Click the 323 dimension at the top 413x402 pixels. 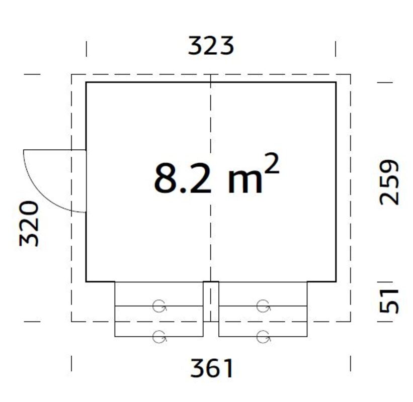[x=211, y=46]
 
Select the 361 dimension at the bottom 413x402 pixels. [x=212, y=369]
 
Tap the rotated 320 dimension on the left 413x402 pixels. [x=29, y=223]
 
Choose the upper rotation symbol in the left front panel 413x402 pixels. [x=159, y=305]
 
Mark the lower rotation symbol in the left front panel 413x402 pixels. [x=159, y=336]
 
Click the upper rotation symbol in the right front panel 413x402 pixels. [x=263, y=305]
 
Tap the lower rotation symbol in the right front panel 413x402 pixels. [x=263, y=336]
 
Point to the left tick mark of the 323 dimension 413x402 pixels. [x=86, y=49]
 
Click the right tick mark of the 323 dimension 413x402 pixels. [x=336, y=49]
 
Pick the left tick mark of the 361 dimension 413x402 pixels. [x=71, y=363]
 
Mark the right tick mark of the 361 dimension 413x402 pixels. [x=350, y=363]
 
